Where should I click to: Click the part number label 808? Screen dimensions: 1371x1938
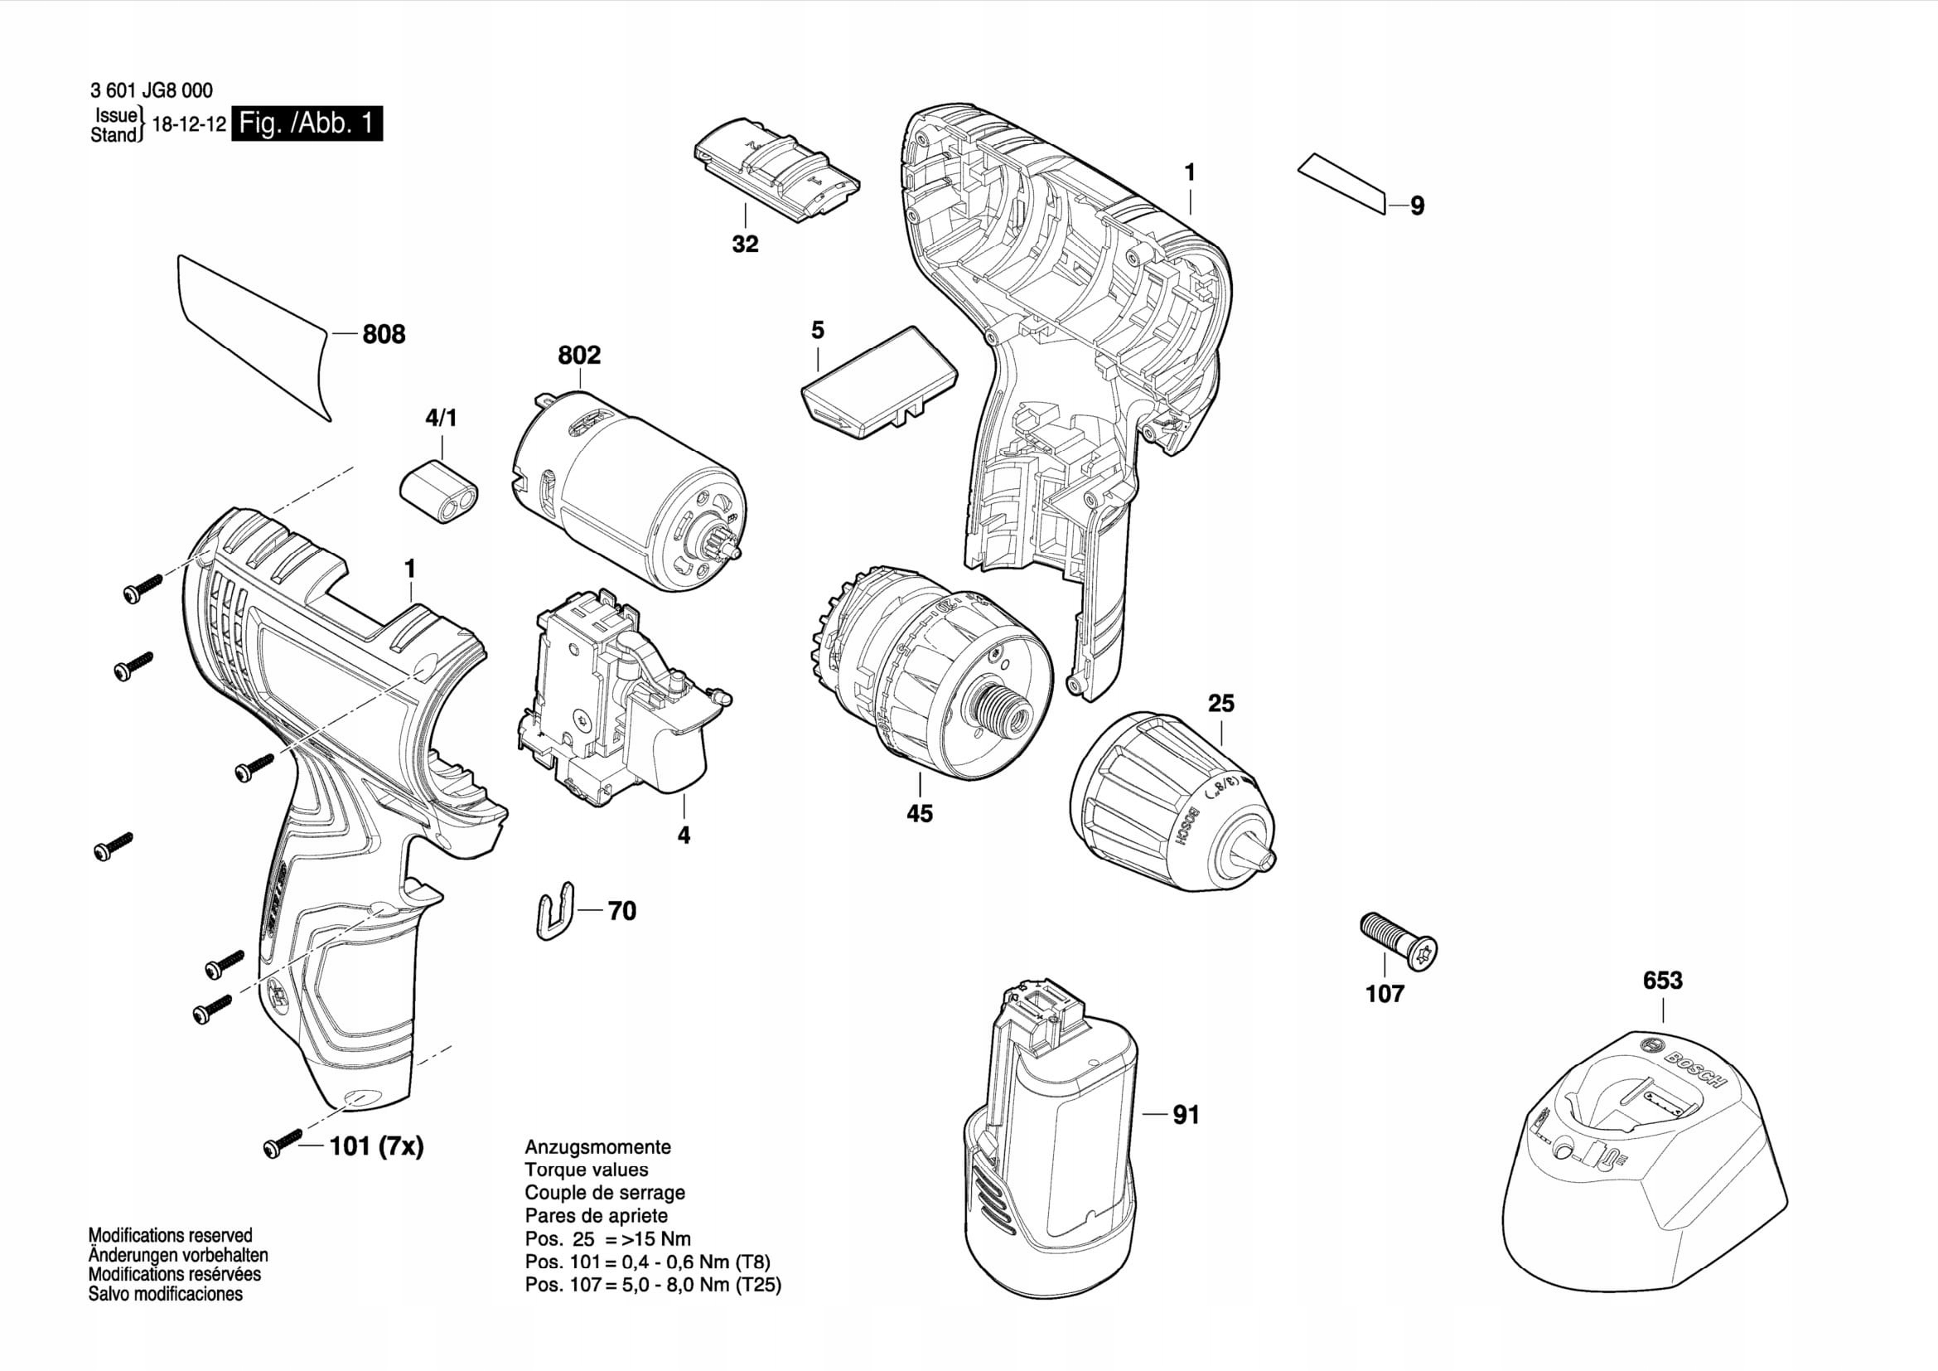(x=384, y=334)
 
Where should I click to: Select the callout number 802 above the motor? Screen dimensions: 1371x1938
(x=579, y=355)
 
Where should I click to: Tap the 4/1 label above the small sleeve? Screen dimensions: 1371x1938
(x=441, y=418)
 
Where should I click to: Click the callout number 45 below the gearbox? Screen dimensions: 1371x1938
(x=919, y=813)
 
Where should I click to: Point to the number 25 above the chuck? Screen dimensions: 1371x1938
(x=1220, y=702)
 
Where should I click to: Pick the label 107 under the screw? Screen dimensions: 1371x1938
(x=1385, y=994)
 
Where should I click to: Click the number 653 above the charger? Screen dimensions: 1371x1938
(x=1662, y=980)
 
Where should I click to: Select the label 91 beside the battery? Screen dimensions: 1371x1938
(x=1186, y=1115)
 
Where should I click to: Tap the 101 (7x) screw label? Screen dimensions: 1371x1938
(x=375, y=1146)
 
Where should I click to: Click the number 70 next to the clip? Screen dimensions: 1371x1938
(x=622, y=911)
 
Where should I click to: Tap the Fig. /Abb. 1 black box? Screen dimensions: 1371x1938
(x=307, y=124)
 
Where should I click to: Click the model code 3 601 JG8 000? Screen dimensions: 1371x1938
(x=152, y=90)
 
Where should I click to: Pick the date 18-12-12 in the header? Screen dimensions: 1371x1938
(x=189, y=124)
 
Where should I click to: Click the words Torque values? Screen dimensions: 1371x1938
(x=587, y=1170)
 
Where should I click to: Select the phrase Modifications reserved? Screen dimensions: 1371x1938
(x=171, y=1235)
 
